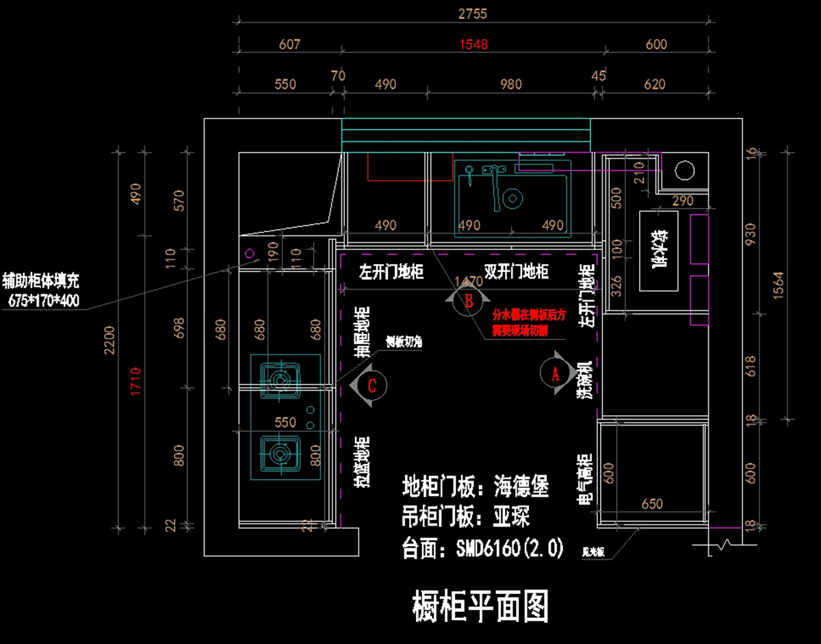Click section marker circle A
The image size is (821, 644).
pos(555,373)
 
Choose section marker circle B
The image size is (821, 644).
pos(469,300)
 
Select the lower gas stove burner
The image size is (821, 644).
pos(279,452)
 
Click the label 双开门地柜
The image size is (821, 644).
pos(516,272)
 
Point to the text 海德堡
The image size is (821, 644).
pos(521,487)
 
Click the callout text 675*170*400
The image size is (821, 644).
pos(44,300)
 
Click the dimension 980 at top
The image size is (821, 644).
pos(511,84)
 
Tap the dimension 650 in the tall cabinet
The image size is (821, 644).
pos(651,504)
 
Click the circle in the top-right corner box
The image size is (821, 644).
pos(685,169)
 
